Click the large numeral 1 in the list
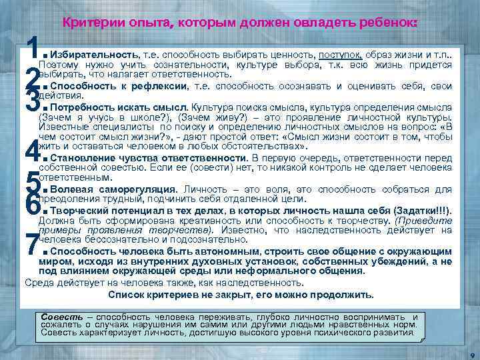(x=31, y=47)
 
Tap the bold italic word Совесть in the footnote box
(x=62, y=316)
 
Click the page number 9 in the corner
(x=471, y=353)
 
